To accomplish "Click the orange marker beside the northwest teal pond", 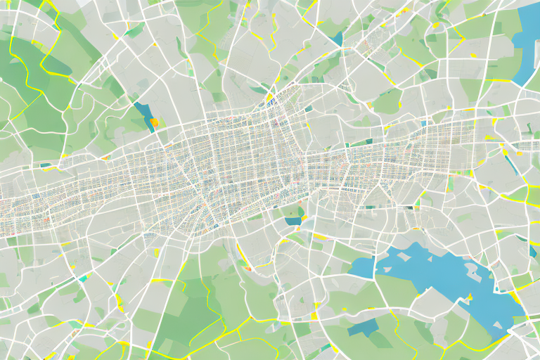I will coord(153,122).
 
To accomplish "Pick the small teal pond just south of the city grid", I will coord(293,221).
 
